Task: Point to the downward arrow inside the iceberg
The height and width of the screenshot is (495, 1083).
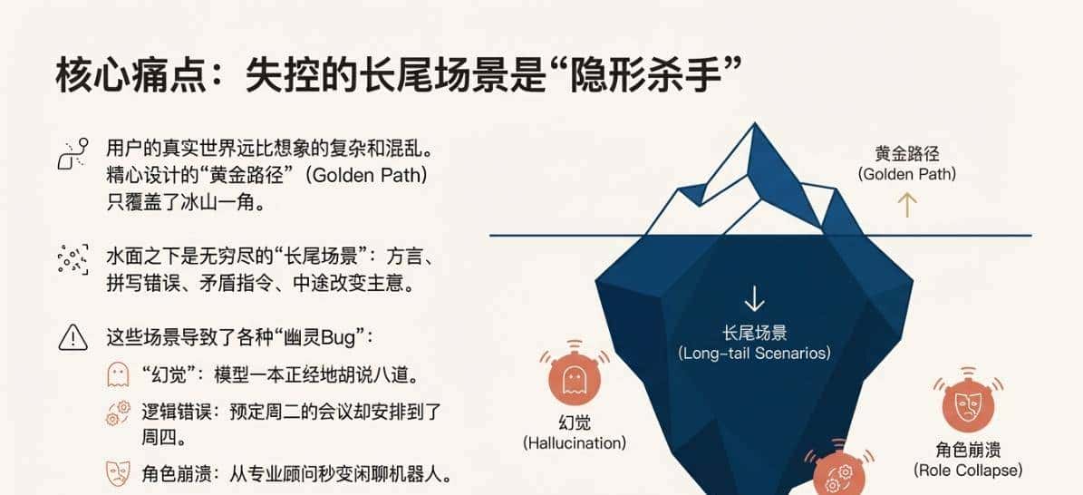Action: [753, 299]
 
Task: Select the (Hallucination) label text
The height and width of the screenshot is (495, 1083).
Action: [575, 443]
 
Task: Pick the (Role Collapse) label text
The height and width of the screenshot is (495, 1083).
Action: [967, 471]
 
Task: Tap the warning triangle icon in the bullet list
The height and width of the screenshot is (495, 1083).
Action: [73, 337]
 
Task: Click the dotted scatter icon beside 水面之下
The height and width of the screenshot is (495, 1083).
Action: [73, 259]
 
